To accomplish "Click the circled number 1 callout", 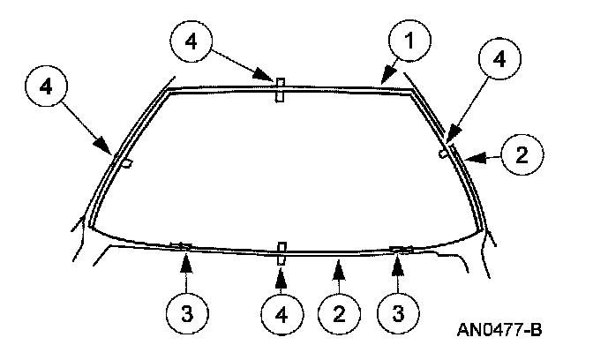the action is (x=406, y=39).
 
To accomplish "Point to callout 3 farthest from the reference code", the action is (x=188, y=313).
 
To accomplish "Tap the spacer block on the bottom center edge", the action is (x=281, y=251).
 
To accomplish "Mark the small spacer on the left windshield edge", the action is (x=127, y=163).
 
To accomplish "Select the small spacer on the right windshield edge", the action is (x=441, y=154).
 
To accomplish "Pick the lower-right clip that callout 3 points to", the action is (x=401, y=250).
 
